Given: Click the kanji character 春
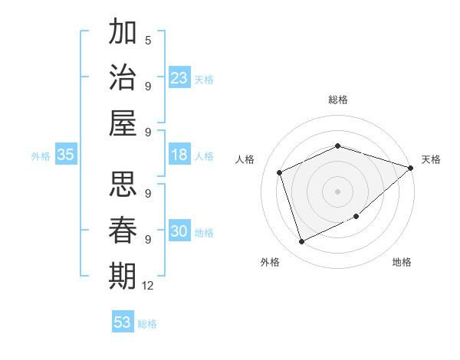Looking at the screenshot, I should (x=123, y=230).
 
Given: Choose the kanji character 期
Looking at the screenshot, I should (x=123, y=276).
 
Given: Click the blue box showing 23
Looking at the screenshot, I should (x=179, y=78).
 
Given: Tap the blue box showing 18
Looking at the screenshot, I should (x=179, y=155).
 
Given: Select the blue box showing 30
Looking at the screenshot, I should (x=179, y=232).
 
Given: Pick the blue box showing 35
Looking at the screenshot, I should (x=66, y=155).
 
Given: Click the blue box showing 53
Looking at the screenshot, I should (x=123, y=322).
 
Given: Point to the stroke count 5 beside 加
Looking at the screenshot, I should (x=148, y=41).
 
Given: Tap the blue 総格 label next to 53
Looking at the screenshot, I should (x=147, y=323).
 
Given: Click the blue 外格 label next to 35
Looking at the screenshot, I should (x=41, y=156).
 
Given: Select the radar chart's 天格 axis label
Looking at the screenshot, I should (x=431, y=159).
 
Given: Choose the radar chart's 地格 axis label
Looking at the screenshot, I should (x=402, y=262).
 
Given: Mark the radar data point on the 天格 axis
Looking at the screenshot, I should (x=411, y=168).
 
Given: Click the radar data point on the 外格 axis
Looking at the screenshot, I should (x=301, y=242).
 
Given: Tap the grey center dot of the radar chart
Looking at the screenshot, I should (x=337, y=191).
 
